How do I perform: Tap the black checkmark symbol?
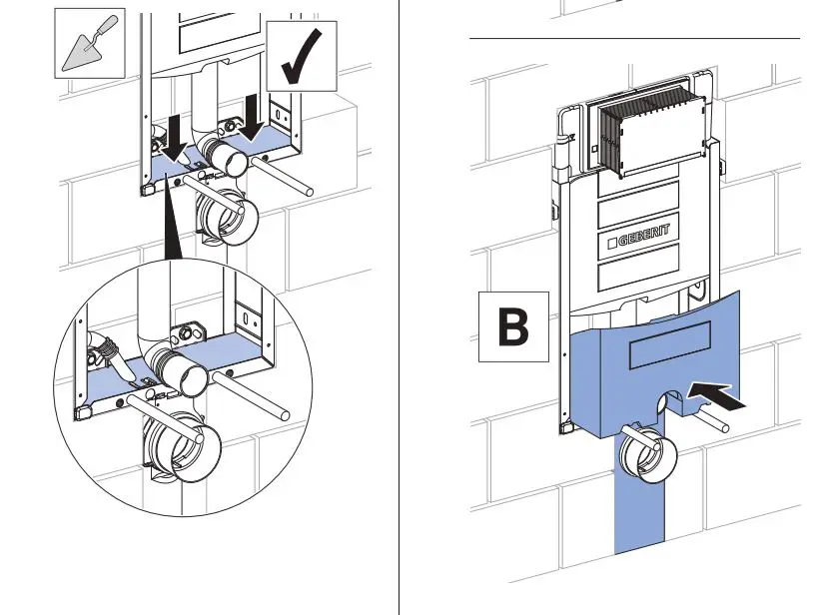[302, 56]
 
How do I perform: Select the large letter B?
[514, 326]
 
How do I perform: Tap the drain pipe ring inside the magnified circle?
[184, 443]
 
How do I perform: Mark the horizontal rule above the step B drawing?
[635, 38]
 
